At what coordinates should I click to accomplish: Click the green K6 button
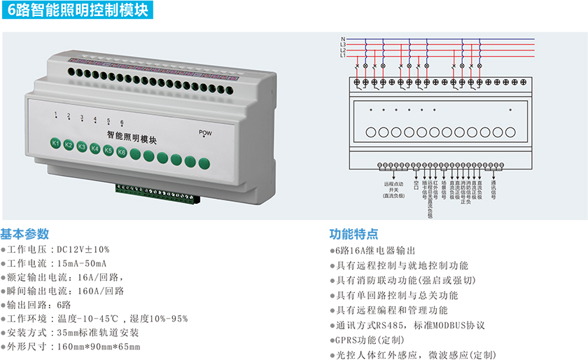(122, 151)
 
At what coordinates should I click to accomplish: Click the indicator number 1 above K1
(56, 113)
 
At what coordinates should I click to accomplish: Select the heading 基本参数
(25, 233)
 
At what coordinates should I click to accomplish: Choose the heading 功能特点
(354, 233)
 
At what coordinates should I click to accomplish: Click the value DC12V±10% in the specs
(83, 249)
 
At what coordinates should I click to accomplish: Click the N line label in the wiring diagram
(343, 39)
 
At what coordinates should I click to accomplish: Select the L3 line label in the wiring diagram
(343, 44)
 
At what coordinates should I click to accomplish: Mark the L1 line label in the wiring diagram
(343, 55)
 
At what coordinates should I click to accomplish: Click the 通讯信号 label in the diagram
(493, 188)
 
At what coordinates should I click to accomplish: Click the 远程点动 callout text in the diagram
(393, 184)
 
